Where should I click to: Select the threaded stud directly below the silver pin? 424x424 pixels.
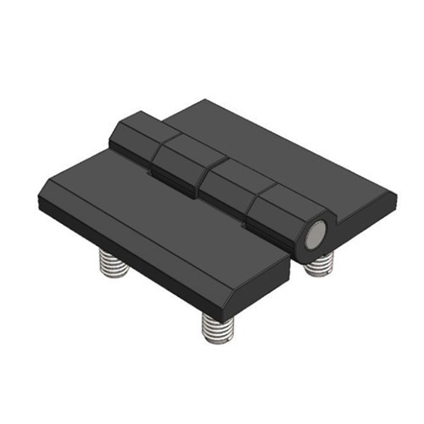tap(320, 265)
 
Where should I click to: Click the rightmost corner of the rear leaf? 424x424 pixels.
tap(395, 198)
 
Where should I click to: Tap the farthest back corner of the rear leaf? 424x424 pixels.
tap(202, 102)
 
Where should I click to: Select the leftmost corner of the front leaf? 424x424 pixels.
tap(39, 202)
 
